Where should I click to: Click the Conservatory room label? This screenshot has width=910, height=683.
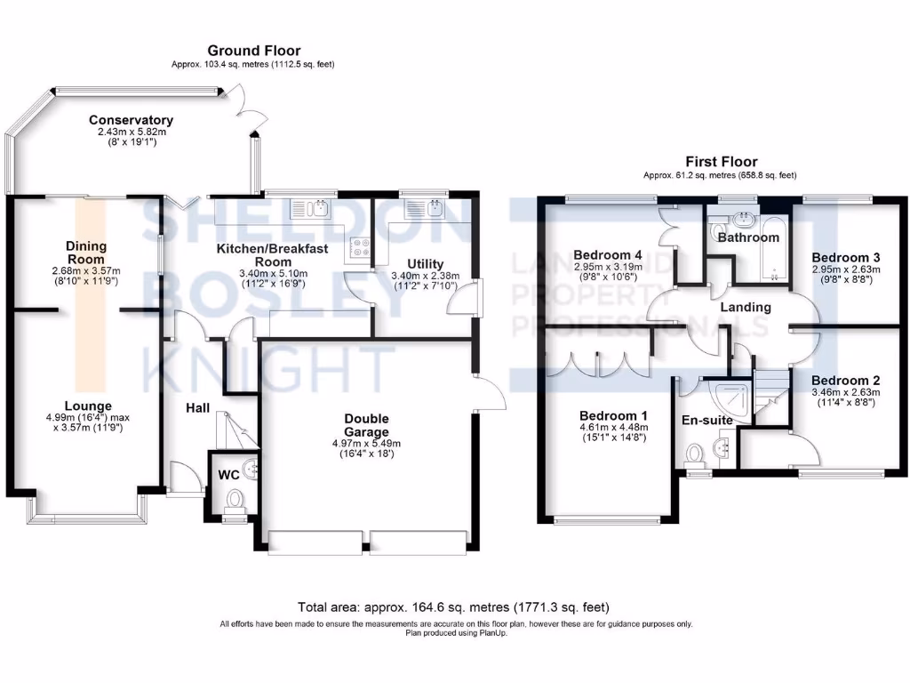click(131, 120)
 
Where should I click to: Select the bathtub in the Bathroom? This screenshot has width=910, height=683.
click(774, 248)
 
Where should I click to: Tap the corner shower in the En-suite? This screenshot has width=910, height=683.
click(738, 388)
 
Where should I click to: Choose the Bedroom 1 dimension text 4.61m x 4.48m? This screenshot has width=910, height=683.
click(613, 427)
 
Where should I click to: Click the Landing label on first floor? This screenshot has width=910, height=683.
click(745, 307)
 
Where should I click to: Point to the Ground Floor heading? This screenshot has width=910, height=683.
click(253, 51)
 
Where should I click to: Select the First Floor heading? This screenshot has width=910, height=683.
click(721, 162)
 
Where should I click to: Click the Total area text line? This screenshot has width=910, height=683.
click(454, 607)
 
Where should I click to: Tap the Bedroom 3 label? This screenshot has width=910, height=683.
click(845, 257)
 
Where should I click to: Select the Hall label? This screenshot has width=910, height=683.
click(197, 407)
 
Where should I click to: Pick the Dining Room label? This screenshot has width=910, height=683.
click(86, 253)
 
